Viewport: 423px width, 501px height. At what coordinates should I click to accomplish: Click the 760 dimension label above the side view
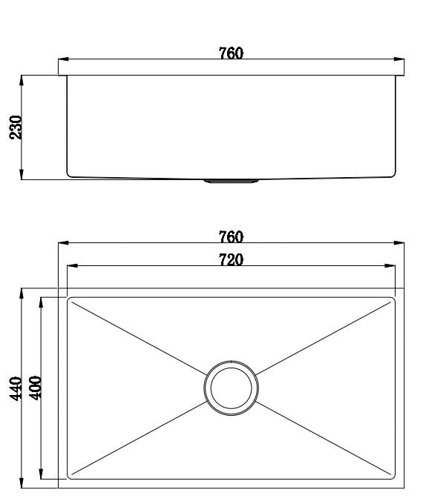tap(231, 53)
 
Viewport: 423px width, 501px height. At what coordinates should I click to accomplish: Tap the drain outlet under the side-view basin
tap(231, 180)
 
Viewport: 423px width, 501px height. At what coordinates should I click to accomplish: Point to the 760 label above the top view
tap(231, 236)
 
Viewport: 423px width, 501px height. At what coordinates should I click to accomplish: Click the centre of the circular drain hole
tap(232, 388)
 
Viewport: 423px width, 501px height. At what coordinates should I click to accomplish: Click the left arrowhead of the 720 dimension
tap(72, 266)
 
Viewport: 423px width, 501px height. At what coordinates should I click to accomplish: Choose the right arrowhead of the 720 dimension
tap(390, 266)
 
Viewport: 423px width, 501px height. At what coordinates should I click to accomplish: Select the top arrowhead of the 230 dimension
tap(23, 79)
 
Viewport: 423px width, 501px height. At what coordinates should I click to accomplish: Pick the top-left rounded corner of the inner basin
tap(70, 301)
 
